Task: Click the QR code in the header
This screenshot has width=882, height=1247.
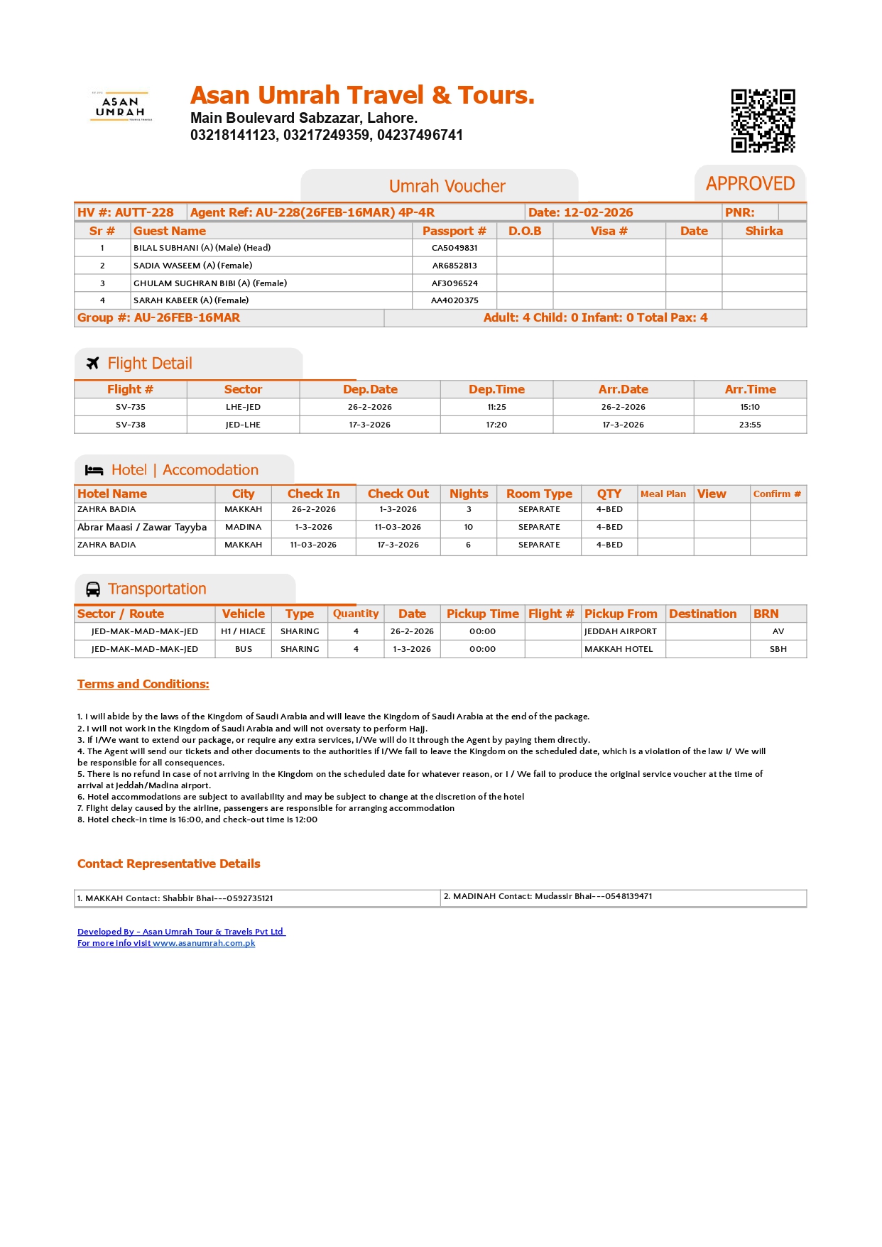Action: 763,121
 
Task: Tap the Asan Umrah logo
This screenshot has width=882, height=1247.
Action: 120,107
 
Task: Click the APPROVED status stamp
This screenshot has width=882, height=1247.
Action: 750,184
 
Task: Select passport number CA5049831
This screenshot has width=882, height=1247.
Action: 454,248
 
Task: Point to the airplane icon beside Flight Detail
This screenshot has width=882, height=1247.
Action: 92,364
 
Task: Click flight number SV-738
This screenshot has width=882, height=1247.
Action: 131,425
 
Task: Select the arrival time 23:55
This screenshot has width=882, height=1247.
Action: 750,425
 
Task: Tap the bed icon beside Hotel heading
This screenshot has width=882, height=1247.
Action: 94,470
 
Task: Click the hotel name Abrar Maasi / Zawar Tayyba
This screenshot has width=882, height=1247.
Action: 142,527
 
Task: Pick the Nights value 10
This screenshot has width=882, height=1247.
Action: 469,527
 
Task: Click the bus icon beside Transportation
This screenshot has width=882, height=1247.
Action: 93,589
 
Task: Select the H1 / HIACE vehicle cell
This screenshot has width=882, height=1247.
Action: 243,631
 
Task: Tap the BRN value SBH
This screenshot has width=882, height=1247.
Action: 778,649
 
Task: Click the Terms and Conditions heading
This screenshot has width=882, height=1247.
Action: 143,684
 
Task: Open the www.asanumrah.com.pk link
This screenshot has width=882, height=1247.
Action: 204,943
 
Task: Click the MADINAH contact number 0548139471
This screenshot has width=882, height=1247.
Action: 628,896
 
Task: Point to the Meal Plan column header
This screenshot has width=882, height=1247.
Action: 663,494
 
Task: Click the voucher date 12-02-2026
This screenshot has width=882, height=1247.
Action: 598,212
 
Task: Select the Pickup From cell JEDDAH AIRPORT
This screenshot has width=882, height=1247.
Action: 621,631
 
